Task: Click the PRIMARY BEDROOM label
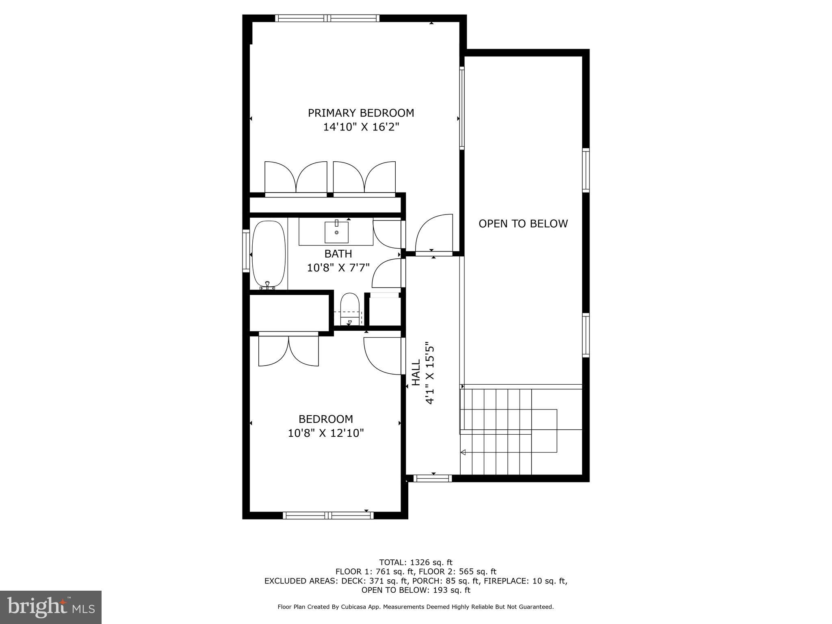(x=361, y=113)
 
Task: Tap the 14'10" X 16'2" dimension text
(x=361, y=127)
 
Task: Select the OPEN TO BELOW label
(x=523, y=223)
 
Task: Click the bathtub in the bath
(x=268, y=254)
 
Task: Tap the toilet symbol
(x=350, y=308)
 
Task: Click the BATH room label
(x=338, y=254)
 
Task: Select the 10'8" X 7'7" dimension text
(x=338, y=268)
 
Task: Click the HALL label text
(x=416, y=373)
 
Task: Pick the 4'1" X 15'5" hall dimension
(x=430, y=373)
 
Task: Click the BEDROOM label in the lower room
(x=325, y=419)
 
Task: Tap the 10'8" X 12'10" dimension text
(x=325, y=433)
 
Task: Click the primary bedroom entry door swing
(x=433, y=233)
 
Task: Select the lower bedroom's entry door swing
(x=382, y=355)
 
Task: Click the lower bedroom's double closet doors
(x=288, y=350)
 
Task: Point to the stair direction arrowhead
(x=463, y=452)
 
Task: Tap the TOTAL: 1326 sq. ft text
(x=416, y=563)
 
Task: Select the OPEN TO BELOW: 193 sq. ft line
(x=416, y=590)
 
